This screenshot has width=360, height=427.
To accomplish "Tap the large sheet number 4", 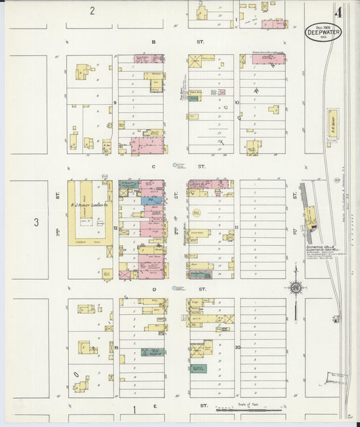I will click(336, 11).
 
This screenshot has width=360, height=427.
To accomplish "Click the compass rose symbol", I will click(295, 288).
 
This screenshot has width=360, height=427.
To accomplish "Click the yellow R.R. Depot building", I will click(333, 124).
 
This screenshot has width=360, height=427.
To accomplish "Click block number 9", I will click(115, 103).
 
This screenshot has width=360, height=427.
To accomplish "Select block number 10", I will click(236, 103).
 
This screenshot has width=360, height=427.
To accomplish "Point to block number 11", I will click(236, 227).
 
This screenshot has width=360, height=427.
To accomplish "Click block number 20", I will click(237, 347).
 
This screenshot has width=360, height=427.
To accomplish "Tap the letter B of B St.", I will click(154, 42).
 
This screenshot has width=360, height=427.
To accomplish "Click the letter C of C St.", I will click(154, 166).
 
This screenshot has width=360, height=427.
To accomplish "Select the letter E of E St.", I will click(155, 405).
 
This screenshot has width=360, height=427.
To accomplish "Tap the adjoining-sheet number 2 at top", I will click(92, 11).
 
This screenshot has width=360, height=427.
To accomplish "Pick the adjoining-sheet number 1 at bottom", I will click(134, 409).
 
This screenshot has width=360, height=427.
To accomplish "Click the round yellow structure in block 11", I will click(197, 213).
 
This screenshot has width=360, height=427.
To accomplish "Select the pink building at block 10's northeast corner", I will click(269, 59).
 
